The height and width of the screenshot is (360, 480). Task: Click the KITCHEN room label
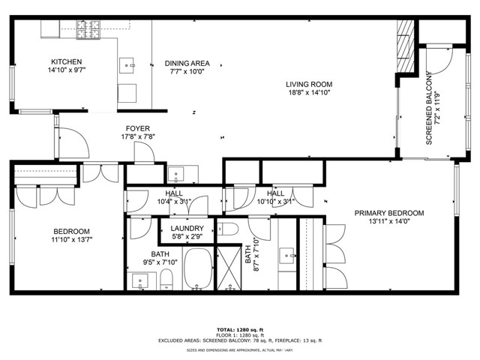pos(67,61)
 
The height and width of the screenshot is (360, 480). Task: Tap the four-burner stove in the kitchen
pos(88,30)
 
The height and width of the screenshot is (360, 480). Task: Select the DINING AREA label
pos(187,63)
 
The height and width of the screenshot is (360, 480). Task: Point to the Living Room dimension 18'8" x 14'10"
pos(309,92)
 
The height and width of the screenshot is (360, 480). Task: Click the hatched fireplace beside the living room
pos(405,46)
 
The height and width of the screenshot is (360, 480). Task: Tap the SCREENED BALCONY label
pos(428,108)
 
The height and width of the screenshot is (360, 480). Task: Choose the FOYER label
pos(138,128)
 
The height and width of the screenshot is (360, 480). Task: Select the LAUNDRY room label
pos(187,228)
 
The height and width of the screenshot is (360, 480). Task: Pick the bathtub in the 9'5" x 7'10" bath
pos(198,268)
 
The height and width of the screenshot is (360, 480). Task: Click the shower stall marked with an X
pos(229,268)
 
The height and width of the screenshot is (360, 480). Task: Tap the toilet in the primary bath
pos(228,229)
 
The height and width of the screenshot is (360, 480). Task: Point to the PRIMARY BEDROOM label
pos(389,213)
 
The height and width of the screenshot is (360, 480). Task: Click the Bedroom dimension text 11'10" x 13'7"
pos(72,239)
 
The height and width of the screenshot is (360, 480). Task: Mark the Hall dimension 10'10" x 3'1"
pos(275,202)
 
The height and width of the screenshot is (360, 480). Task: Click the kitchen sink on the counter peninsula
pos(127,65)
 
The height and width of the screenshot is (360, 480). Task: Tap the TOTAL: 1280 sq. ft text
pos(240,330)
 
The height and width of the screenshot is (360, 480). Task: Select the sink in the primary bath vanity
pos(287,256)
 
